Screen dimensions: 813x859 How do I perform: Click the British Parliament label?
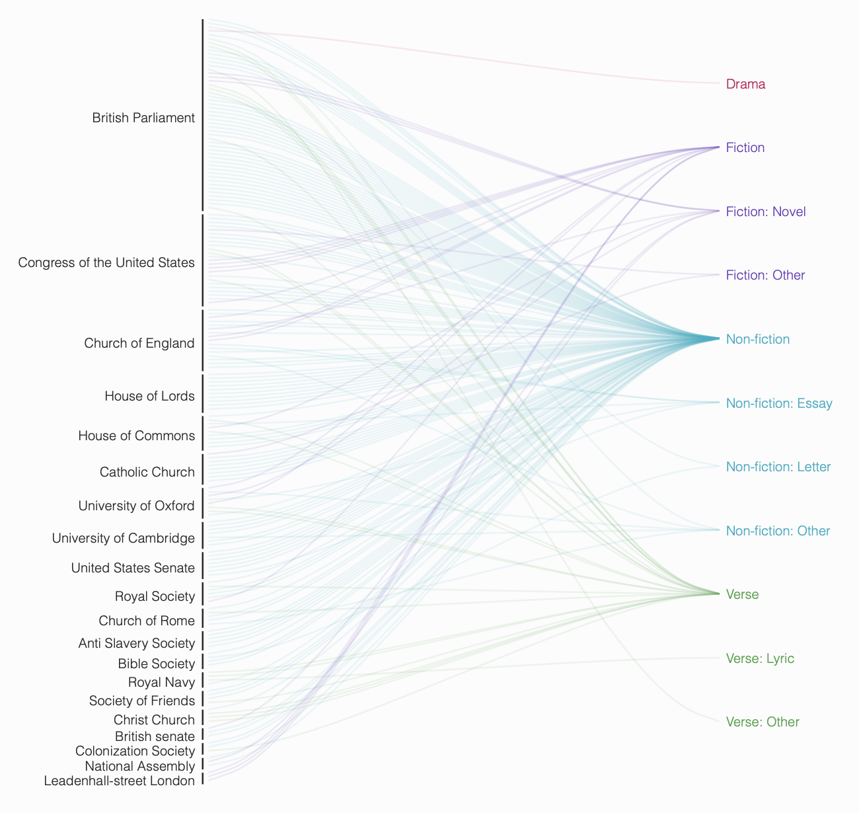click(x=143, y=118)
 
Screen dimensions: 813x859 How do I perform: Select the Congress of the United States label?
click(x=106, y=263)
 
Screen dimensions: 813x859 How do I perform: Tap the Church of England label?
click(x=139, y=343)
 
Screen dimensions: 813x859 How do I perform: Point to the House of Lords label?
click(x=149, y=397)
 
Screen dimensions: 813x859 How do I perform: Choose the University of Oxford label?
click(x=136, y=506)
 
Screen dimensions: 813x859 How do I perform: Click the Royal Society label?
click(x=155, y=597)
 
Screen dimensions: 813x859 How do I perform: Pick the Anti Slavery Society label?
click(x=136, y=643)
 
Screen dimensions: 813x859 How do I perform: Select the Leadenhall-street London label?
click(x=119, y=781)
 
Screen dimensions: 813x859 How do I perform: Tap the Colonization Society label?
click(x=135, y=751)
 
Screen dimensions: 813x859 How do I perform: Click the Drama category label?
click(x=745, y=84)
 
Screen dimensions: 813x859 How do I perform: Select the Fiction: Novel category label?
click(x=765, y=212)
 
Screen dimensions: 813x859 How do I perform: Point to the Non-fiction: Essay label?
click(x=778, y=403)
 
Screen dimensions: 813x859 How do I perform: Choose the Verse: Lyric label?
click(x=760, y=658)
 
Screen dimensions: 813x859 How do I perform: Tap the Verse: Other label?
click(x=763, y=722)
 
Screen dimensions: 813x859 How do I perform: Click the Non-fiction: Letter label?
click(x=778, y=467)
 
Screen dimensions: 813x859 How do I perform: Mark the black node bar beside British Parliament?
click(x=203, y=116)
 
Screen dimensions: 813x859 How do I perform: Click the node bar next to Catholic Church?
click(x=203, y=469)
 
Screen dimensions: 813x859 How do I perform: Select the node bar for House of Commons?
click(x=203, y=434)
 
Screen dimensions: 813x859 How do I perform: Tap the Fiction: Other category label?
click(x=765, y=275)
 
